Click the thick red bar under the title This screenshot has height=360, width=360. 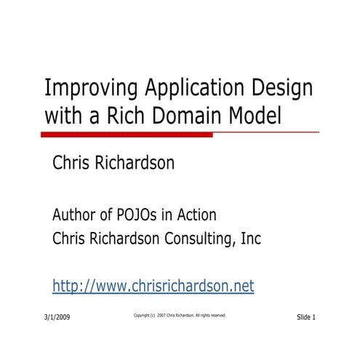[127, 135]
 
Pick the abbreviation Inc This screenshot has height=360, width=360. [249, 239]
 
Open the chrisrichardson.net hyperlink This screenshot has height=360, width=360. [153, 286]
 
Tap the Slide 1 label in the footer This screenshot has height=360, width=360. [306, 318]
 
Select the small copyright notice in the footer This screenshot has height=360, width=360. [180, 316]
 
